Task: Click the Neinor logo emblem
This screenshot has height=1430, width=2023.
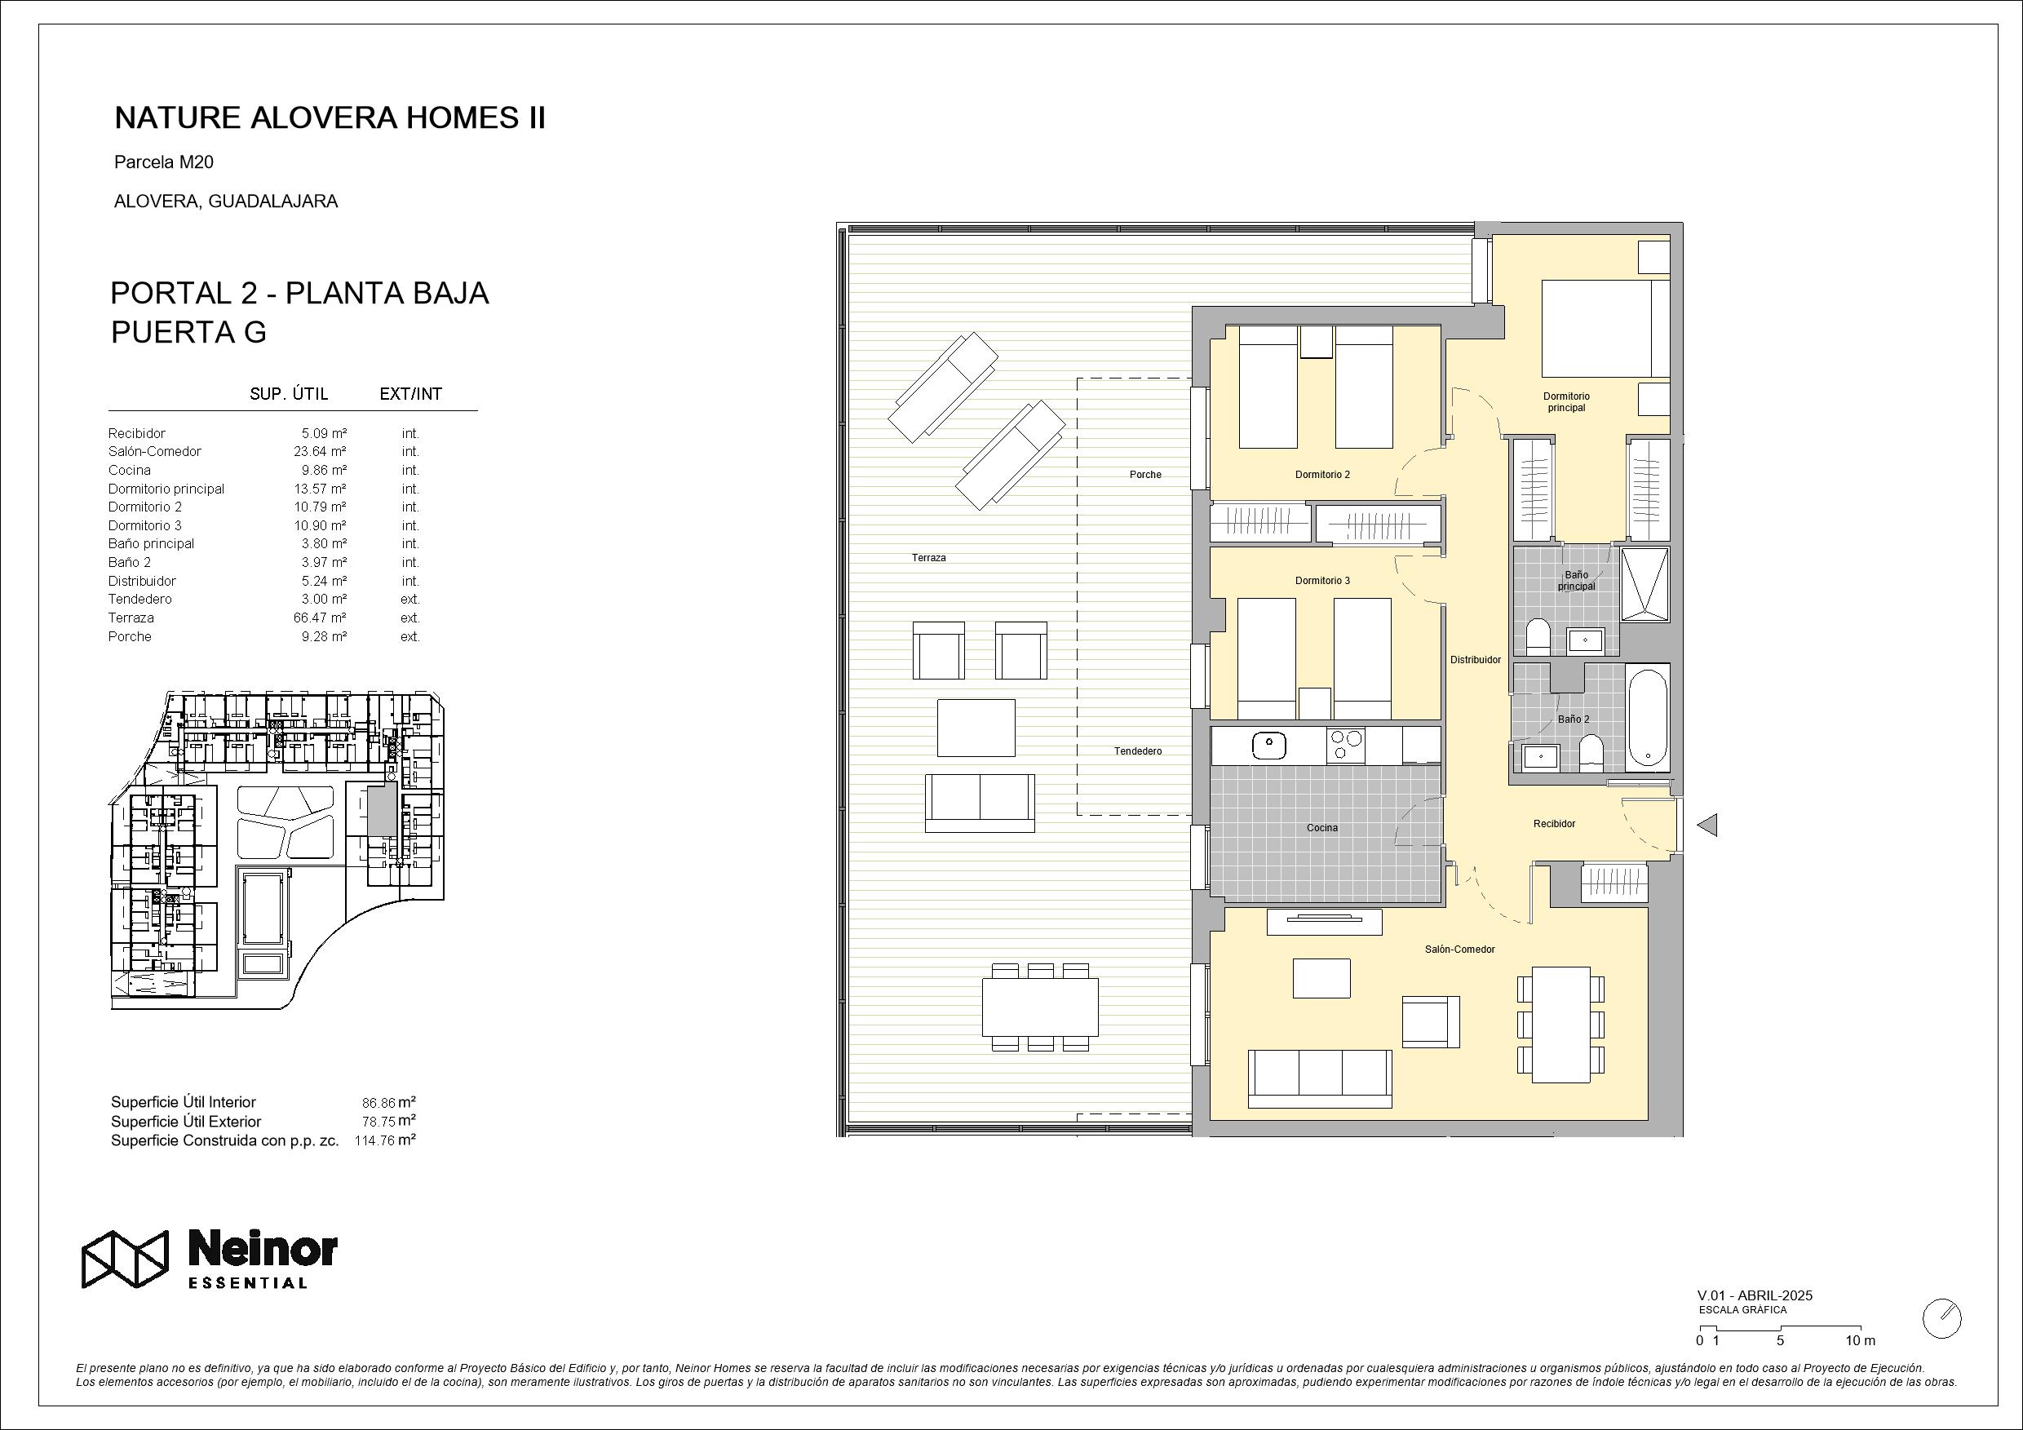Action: tap(124, 1258)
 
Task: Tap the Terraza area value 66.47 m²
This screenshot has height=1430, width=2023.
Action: tap(320, 618)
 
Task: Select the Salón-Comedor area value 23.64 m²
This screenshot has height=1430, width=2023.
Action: tap(320, 451)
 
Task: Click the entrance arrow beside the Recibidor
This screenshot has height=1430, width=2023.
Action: tap(1706, 825)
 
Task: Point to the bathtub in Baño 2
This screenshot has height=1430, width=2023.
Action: tap(1647, 717)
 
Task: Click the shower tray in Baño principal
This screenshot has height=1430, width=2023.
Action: tap(1645, 584)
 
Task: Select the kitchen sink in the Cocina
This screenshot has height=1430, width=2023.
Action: tap(1268, 746)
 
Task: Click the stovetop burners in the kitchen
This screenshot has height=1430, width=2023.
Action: tap(1345, 746)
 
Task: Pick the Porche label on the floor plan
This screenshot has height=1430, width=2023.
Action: tap(1145, 475)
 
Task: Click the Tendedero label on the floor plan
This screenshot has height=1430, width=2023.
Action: tap(1137, 751)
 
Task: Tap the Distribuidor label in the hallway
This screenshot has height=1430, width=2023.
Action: tap(1476, 660)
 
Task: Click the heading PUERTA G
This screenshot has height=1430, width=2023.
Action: tap(188, 332)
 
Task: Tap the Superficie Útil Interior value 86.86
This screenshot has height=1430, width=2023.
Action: tap(378, 1102)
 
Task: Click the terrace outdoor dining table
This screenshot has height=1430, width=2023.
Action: tap(1041, 1007)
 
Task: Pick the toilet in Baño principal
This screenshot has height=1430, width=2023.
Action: tap(1538, 635)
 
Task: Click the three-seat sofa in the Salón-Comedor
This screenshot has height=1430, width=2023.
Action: tap(1320, 1078)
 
